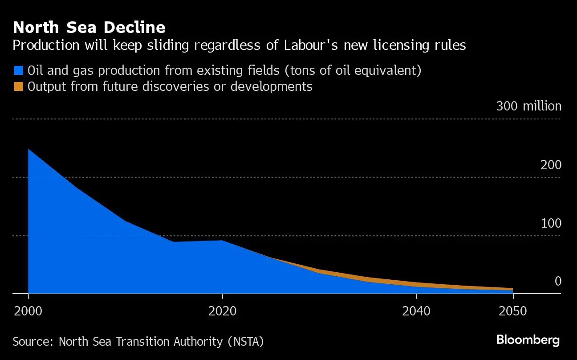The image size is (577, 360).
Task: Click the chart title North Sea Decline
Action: coord(89,28)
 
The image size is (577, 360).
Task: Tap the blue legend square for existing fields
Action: coord(18,70)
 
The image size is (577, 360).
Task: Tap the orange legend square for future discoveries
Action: coord(18,86)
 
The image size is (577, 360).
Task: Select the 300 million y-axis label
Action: coord(528,106)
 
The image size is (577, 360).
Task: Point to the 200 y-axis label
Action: coord(551,165)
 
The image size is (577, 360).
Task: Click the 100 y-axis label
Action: coord(551,224)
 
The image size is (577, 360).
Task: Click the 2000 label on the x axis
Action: coord(28,311)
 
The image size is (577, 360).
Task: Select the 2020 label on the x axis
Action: coord(222,311)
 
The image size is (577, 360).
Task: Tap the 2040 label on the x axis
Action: coord(416,311)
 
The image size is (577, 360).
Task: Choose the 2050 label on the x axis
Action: coord(512,311)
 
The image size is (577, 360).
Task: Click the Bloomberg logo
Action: coord(528,340)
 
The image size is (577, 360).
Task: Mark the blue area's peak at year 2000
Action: coord(29,150)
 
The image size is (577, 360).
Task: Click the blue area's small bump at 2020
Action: coord(222,241)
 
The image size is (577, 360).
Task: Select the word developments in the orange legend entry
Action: coord(271,86)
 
